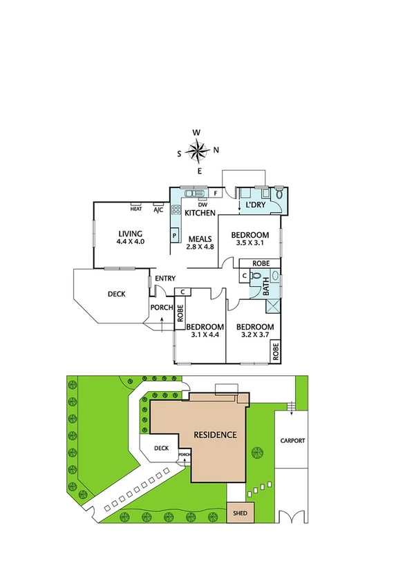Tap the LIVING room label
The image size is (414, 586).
pyautogui.click(x=129, y=234)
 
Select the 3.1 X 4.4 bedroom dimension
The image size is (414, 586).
pyautogui.click(x=205, y=335)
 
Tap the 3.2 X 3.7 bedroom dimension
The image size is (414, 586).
pyautogui.click(x=254, y=335)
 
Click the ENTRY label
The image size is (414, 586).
pyautogui.click(x=165, y=278)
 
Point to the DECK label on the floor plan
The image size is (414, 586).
pyautogui.click(x=116, y=294)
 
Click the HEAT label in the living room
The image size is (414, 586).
pyautogui.click(x=136, y=209)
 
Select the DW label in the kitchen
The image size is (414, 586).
pyautogui.click(x=203, y=205)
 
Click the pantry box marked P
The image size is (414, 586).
pyautogui.click(x=175, y=235)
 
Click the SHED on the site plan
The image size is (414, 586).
pyautogui.click(x=241, y=512)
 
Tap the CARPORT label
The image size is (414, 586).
pyautogui.click(x=293, y=440)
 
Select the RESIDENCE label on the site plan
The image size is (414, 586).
pyautogui.click(x=215, y=435)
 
